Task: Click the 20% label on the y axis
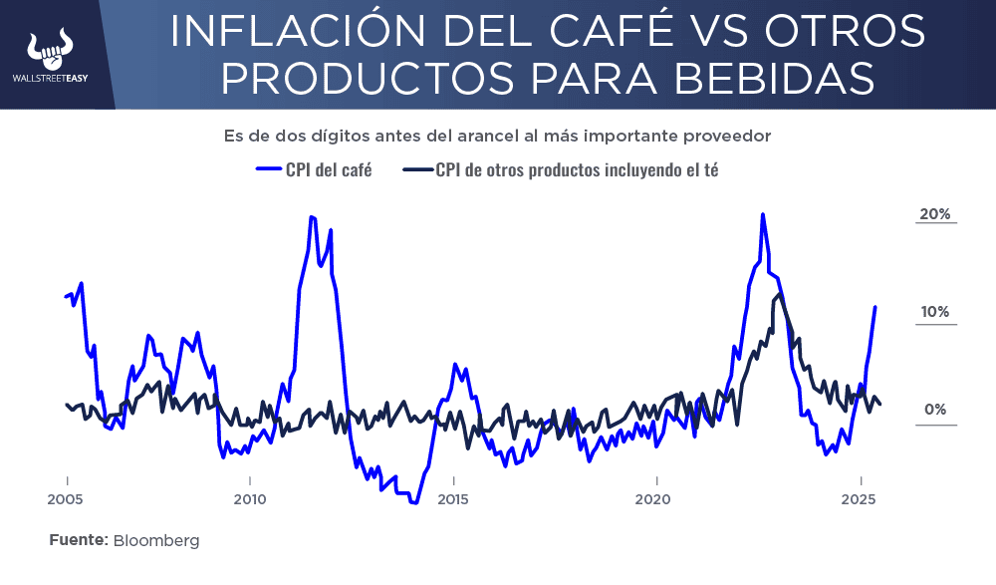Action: pos(934,214)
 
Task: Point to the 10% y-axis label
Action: pos(934,312)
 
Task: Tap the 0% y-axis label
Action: pos(934,410)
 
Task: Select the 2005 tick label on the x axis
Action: pos(66,498)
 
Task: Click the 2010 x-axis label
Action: pos(249,498)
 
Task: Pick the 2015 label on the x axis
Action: pos(453,498)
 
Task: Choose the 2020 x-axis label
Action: pos(653,498)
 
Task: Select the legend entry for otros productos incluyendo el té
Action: pos(577,169)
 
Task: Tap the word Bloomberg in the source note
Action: pos(156,540)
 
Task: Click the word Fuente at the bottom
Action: pos(78,540)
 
